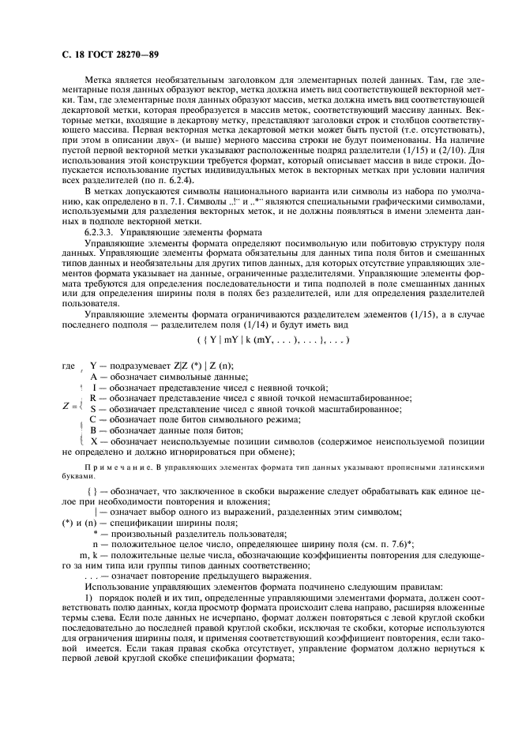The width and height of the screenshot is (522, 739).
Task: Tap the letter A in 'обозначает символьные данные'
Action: (94, 377)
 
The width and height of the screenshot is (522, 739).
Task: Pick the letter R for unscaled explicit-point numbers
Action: (93, 398)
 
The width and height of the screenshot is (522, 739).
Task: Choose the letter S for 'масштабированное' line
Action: (93, 409)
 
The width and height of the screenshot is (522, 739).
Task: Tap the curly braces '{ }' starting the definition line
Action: (92, 492)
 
